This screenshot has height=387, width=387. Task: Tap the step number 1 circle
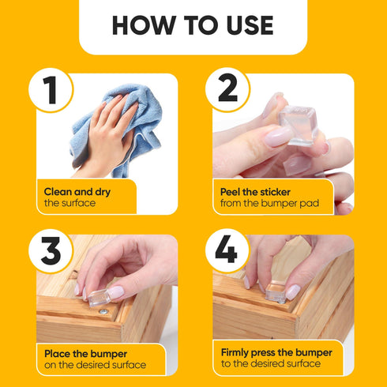click(51, 91)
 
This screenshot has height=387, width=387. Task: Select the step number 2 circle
click(227, 91)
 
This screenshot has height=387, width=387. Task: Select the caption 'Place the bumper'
click(83, 352)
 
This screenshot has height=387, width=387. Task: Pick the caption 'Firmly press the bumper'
click(276, 352)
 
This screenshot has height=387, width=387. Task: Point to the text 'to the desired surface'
click(272, 365)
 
